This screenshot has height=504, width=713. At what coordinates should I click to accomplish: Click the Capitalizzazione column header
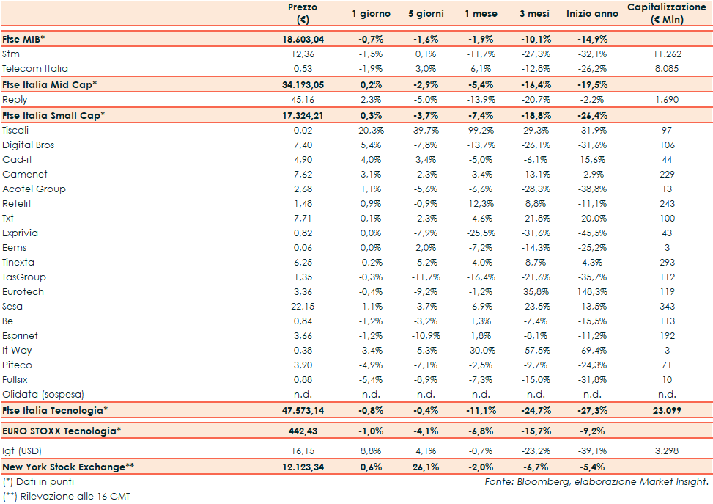[x=666, y=13]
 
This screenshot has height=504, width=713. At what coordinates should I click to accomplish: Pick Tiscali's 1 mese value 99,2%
[x=480, y=130]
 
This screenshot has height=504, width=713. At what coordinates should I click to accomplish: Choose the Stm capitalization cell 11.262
[x=666, y=54]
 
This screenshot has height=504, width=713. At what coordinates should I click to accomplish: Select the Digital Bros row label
[x=28, y=145]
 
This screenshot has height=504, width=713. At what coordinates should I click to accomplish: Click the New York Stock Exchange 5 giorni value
[x=425, y=467]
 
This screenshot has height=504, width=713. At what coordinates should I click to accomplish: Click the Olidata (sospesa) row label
[x=43, y=394]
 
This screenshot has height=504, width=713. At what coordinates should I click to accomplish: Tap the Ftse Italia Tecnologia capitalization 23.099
[x=666, y=410]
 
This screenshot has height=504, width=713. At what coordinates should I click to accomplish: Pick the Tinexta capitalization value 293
[x=666, y=262]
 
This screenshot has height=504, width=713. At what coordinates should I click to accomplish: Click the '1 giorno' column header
[x=371, y=14]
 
